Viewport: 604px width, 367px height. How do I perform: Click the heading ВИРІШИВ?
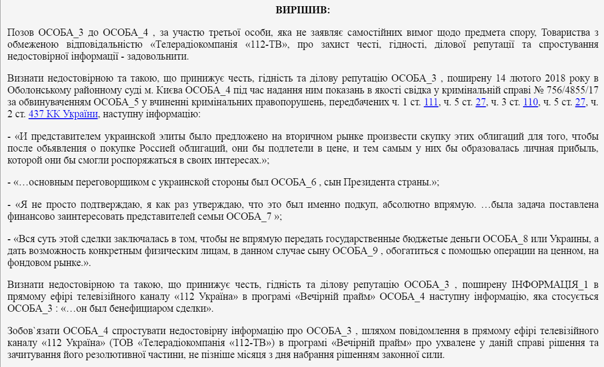(302, 10)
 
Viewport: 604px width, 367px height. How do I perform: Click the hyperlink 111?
(431, 102)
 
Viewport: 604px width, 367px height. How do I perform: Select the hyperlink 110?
(530, 102)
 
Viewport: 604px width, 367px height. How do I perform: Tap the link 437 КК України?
(63, 114)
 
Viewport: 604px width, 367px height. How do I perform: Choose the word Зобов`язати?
(34, 331)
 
